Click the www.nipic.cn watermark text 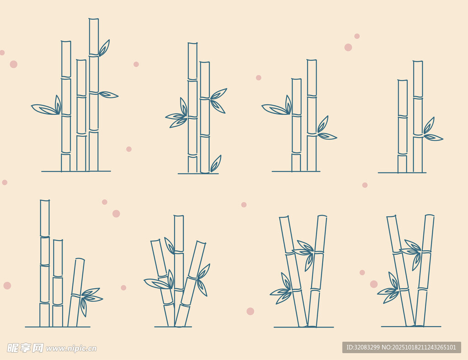71,349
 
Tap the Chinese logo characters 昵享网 26,348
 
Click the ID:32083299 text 363,347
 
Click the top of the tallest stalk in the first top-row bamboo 94,19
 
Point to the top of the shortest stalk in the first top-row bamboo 81,60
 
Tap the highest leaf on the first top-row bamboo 104,48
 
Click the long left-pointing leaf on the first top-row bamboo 44,109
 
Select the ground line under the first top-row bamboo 76,172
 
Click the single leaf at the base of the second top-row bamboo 216,163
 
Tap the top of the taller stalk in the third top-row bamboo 312,60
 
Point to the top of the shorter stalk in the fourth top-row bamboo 402,81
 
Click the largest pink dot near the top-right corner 348,47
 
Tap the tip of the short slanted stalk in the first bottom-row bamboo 80,259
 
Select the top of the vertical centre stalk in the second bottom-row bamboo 179,216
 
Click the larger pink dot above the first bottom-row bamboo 116,214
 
